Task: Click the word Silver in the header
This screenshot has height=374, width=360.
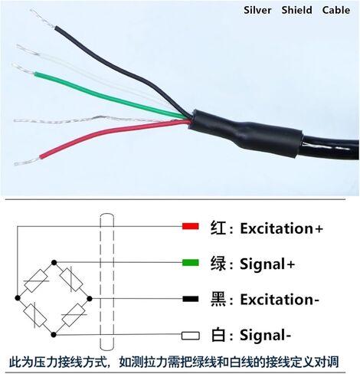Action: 257,10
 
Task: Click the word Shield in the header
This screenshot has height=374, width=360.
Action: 296,10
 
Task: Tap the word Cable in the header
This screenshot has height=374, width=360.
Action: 336,10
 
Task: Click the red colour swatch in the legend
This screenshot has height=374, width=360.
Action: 191,226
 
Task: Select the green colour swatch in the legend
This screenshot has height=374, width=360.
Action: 191,263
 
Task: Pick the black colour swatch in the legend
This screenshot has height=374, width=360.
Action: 191,299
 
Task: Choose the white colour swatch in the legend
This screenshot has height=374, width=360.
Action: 191,336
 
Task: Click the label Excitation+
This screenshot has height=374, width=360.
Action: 282,228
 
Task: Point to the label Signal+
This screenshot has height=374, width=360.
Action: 267,264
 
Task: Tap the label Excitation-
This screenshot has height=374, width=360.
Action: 280,300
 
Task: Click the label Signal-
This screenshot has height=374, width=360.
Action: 266,336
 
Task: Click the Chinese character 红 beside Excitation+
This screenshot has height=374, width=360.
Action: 218,228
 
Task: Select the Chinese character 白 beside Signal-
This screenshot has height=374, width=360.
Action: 218,335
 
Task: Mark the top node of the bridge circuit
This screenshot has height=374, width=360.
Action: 54,262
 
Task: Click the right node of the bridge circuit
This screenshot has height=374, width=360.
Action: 90,298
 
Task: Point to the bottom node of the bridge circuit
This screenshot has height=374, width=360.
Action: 54,334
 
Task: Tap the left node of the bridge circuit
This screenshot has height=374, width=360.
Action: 18,298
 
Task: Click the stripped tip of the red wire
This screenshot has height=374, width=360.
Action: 27,161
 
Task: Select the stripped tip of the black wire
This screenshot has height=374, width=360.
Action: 42,18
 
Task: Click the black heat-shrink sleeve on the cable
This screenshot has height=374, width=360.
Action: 245,133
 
